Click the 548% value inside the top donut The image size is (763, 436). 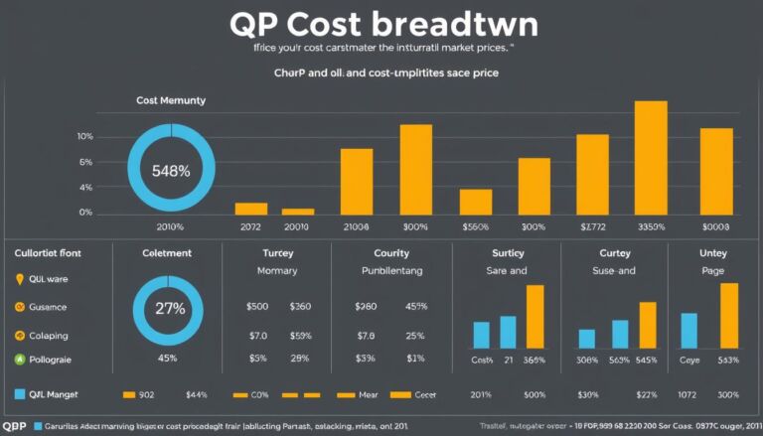171,170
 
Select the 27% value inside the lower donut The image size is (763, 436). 171,308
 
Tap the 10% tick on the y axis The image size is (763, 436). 84,136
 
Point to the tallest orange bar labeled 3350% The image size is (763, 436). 650,155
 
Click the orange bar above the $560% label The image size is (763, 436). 476,202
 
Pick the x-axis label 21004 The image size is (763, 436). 356,226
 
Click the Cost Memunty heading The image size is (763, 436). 171,101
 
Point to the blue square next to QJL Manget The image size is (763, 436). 19,394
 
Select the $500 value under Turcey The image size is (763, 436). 257,307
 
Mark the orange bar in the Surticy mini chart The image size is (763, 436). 535,316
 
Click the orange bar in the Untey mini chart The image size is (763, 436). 729,315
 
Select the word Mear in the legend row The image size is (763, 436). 368,394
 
